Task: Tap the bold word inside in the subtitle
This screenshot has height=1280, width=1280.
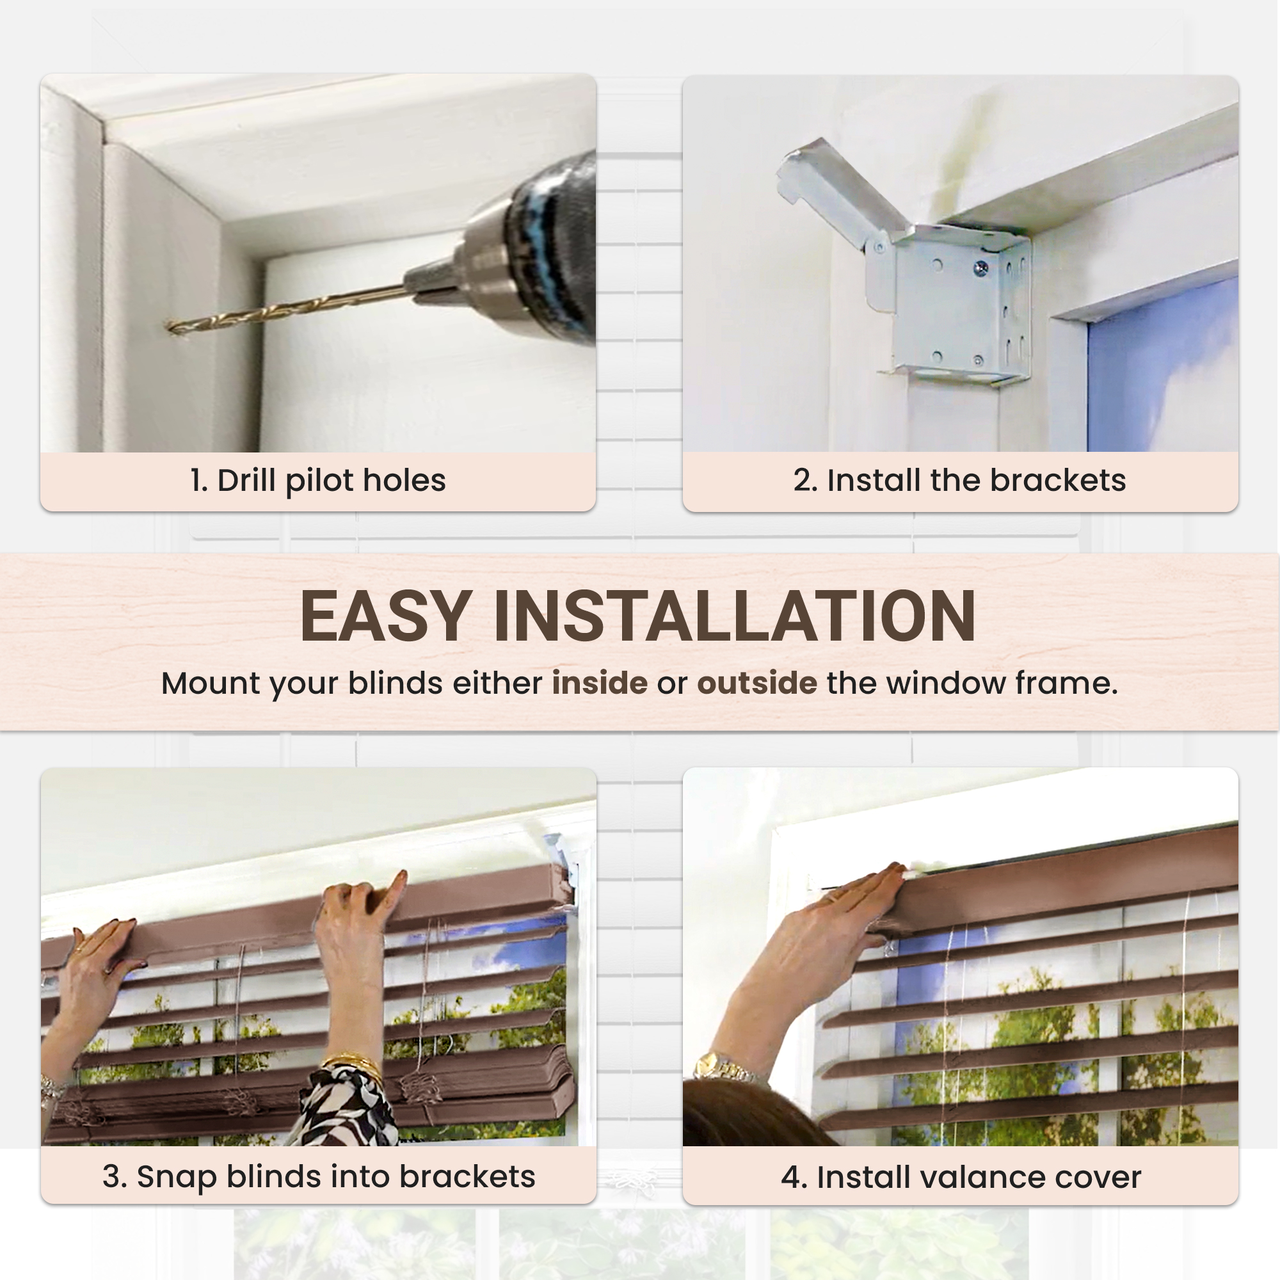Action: pyautogui.click(x=600, y=683)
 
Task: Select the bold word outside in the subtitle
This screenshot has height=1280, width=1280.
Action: pyautogui.click(x=757, y=683)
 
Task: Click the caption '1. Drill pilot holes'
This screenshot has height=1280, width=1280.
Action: pyautogui.click(x=318, y=481)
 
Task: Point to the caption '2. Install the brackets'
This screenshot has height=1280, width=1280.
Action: pyautogui.click(x=959, y=481)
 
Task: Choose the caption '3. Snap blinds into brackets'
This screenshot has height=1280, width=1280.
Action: pyautogui.click(x=319, y=1177)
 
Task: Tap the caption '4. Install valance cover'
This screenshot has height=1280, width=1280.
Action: pyautogui.click(x=961, y=1178)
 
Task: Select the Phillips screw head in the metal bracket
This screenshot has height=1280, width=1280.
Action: pyautogui.click(x=980, y=268)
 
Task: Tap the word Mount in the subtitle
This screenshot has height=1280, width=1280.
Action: pyautogui.click(x=211, y=684)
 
